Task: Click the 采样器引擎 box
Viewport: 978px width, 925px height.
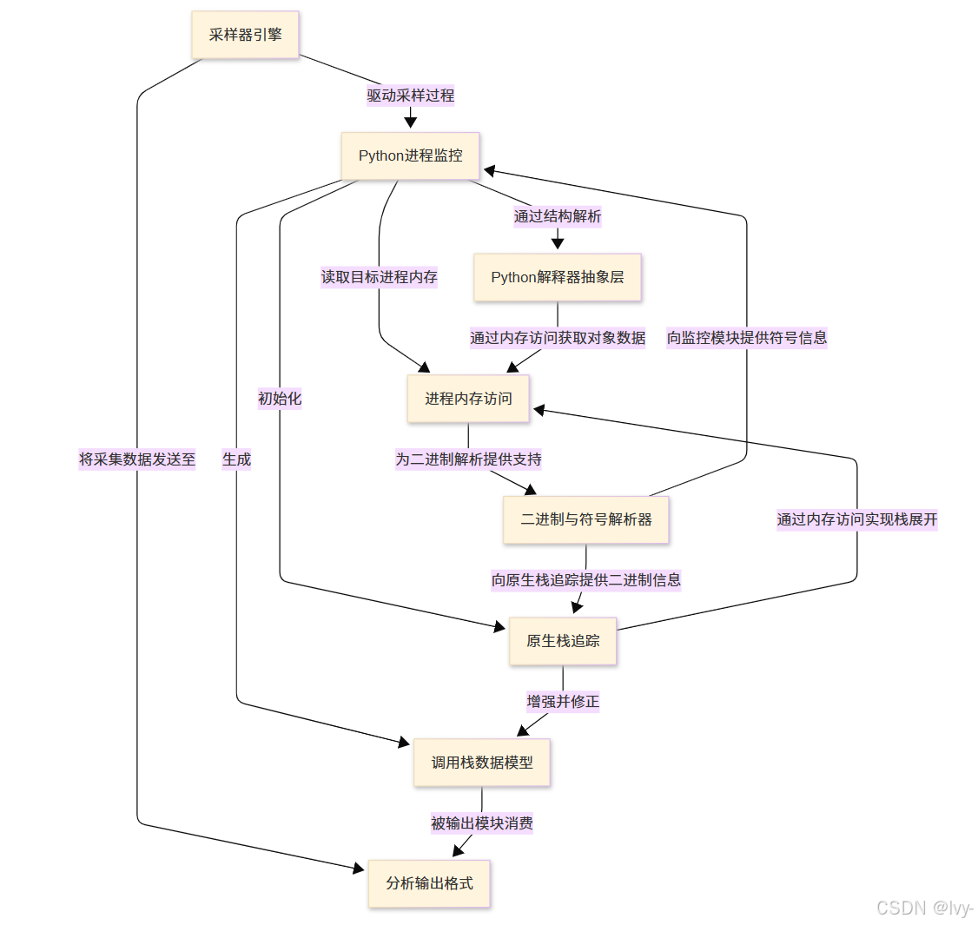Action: pos(245,35)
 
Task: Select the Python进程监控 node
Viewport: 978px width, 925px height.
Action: pos(410,156)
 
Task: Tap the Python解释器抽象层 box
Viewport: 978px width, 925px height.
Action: pos(557,277)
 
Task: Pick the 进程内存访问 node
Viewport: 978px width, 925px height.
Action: pos(468,399)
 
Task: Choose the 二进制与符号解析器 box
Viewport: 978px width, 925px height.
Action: pos(585,519)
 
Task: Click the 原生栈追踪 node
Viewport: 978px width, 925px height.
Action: pos(562,641)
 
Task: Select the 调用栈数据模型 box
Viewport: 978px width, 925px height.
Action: pos(482,763)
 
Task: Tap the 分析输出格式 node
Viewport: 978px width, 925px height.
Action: pos(429,883)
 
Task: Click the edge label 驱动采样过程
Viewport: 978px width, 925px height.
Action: pos(410,96)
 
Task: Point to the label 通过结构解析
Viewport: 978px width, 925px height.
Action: pos(557,216)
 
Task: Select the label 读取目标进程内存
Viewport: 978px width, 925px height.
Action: pos(380,277)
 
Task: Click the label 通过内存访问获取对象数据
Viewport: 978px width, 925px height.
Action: pos(557,338)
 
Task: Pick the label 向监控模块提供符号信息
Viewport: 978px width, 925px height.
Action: pos(747,338)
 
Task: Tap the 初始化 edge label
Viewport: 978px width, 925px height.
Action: pos(280,399)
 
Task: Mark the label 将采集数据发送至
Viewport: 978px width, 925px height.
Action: pos(137,459)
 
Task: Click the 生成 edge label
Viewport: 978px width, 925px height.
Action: pos(236,459)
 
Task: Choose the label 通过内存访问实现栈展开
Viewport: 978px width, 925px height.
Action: pos(857,519)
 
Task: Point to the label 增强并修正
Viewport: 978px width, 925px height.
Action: pos(563,702)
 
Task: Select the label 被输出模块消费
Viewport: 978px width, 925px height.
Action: pos(482,823)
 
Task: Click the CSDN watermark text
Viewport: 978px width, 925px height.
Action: pos(924,908)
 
